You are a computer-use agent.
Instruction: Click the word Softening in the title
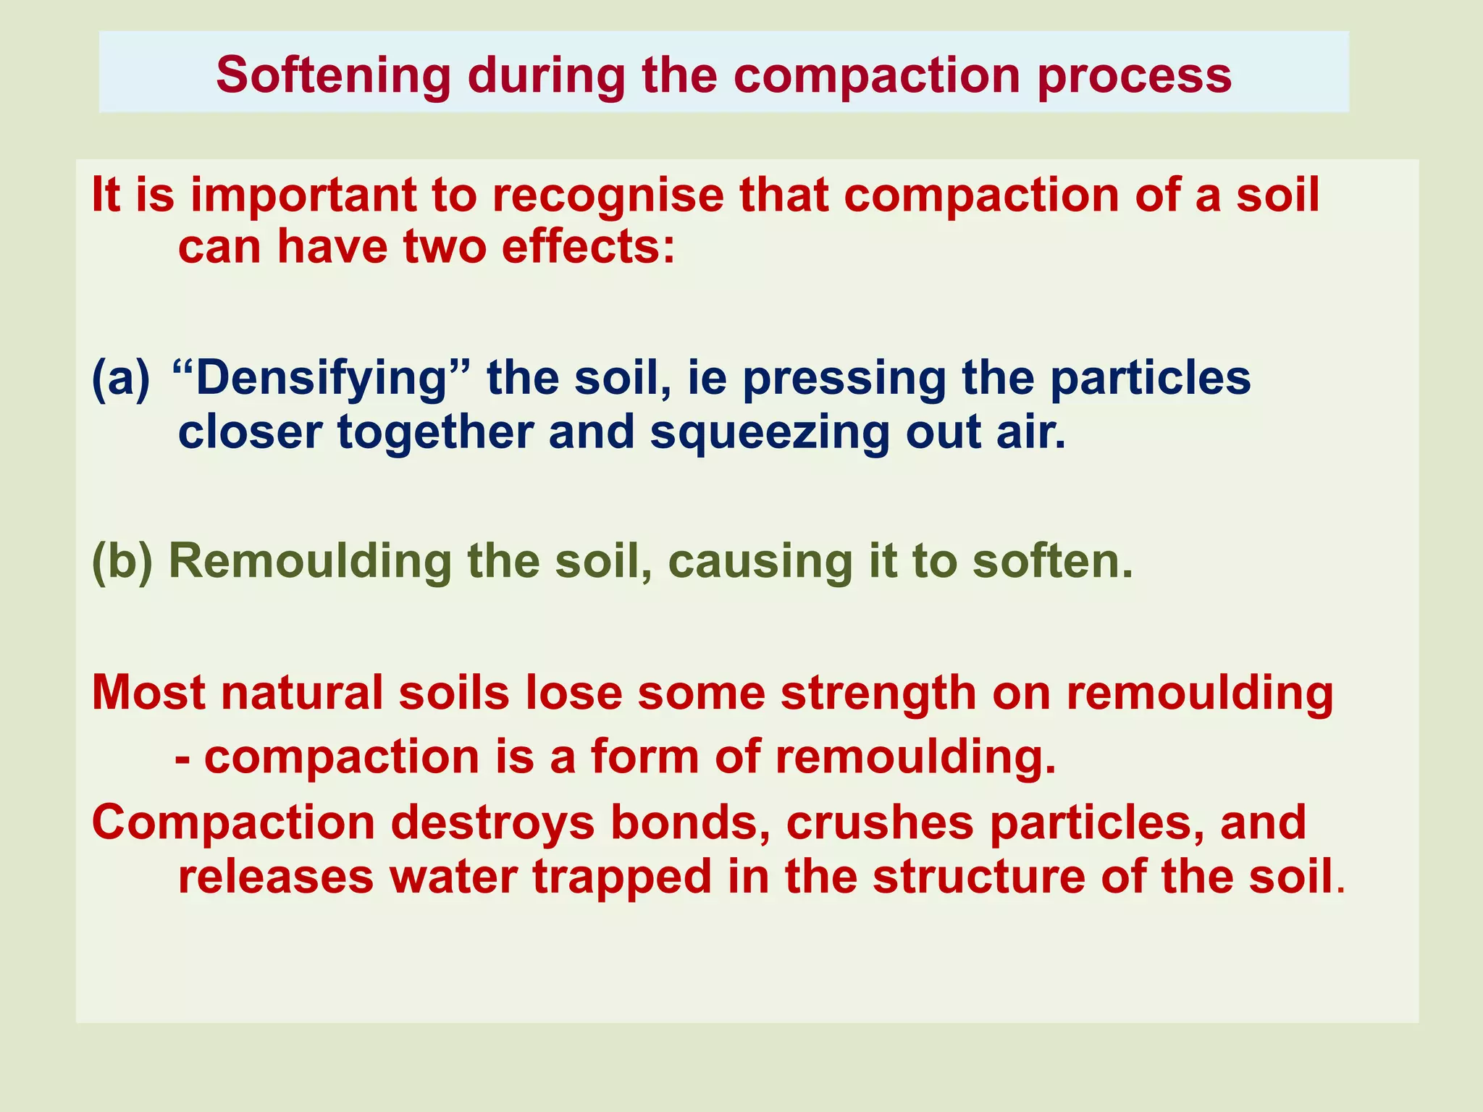[x=333, y=75]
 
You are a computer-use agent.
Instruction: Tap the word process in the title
[x=1134, y=75]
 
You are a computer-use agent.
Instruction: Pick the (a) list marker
[x=121, y=379]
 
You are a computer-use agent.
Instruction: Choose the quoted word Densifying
[x=322, y=379]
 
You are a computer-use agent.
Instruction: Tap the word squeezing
[x=769, y=432]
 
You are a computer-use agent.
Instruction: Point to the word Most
[x=149, y=693]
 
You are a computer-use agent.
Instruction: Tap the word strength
[x=878, y=693]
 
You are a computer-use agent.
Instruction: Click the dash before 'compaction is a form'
[x=183, y=757]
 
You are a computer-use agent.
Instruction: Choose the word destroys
[x=493, y=823]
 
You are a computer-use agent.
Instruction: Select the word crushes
[x=880, y=823]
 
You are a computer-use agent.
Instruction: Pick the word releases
[x=276, y=877]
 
